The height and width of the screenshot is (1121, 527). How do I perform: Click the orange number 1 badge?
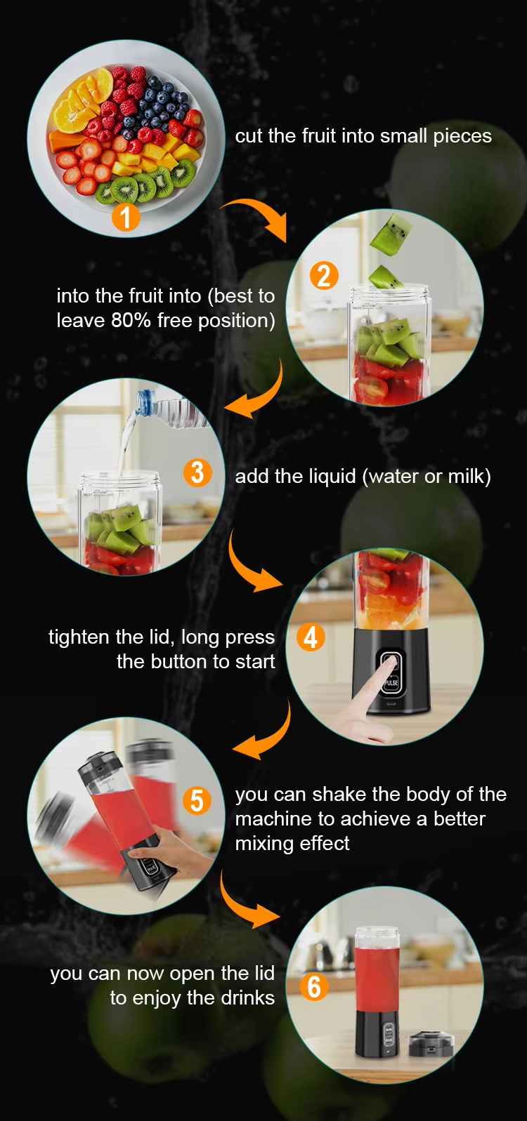pyautogui.click(x=126, y=217)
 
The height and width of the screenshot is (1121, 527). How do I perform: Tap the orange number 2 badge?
pyautogui.click(x=324, y=276)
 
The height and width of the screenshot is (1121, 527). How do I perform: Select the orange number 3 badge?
pyautogui.click(x=198, y=473)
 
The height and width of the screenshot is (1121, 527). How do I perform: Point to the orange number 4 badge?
pyautogui.click(x=311, y=637)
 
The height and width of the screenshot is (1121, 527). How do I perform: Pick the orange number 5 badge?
pyautogui.click(x=197, y=801)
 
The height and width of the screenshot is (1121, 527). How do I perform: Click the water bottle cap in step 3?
pyautogui.click(x=144, y=401)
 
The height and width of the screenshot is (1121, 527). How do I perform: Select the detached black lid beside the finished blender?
pyautogui.click(x=431, y=1043)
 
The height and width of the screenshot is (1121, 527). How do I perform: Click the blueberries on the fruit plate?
pyautogui.click(x=160, y=102)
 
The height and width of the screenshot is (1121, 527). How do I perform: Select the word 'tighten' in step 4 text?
pyautogui.click(x=79, y=637)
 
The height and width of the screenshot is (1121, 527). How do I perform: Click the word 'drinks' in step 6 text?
pyautogui.click(x=248, y=998)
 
